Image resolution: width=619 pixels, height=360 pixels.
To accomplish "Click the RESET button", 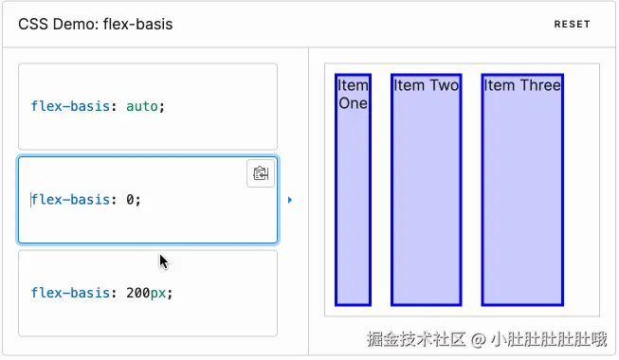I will (x=572, y=25).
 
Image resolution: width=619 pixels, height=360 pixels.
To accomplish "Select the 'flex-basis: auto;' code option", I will (x=147, y=106).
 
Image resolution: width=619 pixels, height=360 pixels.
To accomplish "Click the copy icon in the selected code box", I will (x=261, y=173).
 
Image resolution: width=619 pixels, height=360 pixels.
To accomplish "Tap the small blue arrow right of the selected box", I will (x=289, y=200).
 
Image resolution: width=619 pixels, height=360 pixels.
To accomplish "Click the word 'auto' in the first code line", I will (x=141, y=106).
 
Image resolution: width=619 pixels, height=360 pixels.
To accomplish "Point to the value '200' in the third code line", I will (x=137, y=293).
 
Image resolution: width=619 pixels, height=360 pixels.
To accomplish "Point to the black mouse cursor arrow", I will (x=163, y=261).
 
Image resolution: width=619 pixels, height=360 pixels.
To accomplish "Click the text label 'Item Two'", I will (x=426, y=86).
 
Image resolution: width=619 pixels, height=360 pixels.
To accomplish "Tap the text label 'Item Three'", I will (x=522, y=86).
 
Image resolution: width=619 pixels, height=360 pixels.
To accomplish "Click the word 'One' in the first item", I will (x=353, y=103).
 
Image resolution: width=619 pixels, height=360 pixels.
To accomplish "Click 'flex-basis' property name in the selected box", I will (x=70, y=200).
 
